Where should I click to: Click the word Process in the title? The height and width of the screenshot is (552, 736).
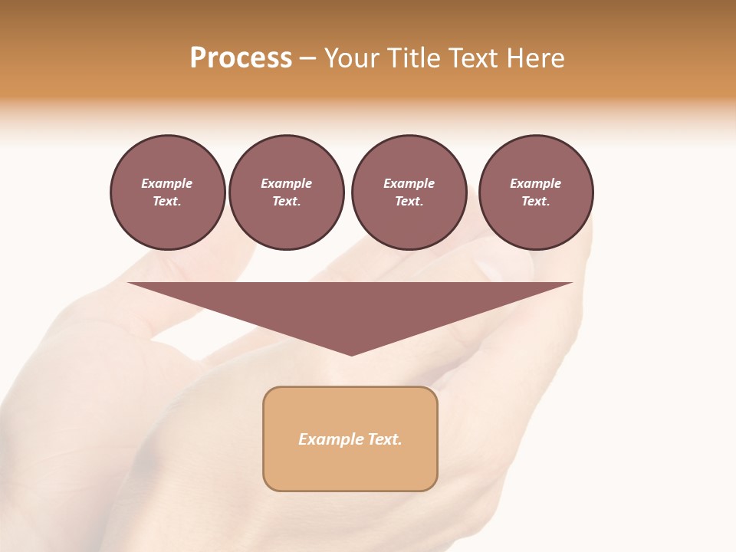click(x=241, y=58)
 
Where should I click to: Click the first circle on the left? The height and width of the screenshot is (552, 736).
click(x=167, y=192)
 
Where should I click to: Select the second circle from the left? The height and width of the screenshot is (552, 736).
click(x=286, y=192)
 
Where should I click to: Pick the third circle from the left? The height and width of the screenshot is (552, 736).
click(x=409, y=192)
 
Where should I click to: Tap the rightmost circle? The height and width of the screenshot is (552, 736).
click(x=535, y=192)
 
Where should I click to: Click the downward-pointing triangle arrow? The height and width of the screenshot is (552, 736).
click(x=350, y=307)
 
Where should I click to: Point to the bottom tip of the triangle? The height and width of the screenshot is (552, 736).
click(x=351, y=354)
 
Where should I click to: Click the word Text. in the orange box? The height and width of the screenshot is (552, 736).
click(x=385, y=439)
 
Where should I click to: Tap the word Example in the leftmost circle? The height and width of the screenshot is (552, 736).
click(x=167, y=183)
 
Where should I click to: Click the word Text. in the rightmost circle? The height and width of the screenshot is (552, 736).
click(x=535, y=202)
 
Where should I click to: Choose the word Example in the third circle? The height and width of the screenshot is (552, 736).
click(x=409, y=183)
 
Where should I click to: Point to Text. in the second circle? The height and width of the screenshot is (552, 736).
click(x=286, y=202)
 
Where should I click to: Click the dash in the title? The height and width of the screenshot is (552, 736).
click(x=307, y=58)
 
